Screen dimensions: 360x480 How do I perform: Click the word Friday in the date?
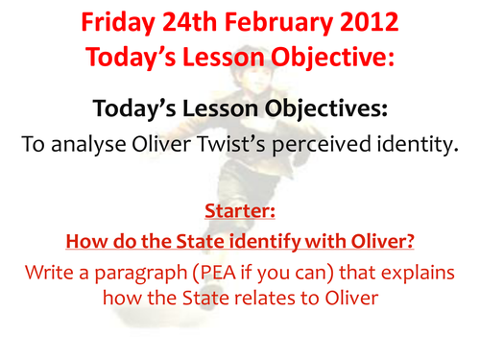point(121,21)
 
